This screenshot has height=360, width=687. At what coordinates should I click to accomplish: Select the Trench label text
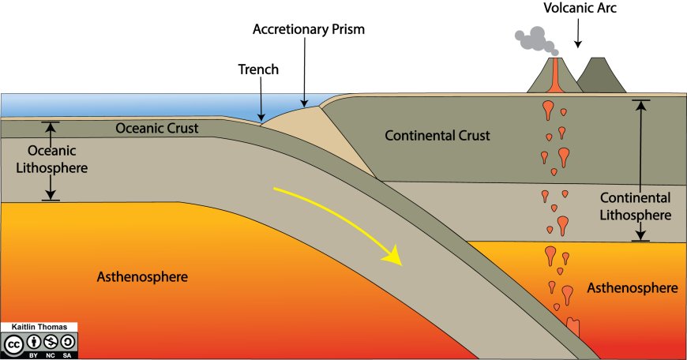[x=258, y=69]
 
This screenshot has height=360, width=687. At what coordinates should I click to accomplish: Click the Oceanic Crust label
[x=156, y=128]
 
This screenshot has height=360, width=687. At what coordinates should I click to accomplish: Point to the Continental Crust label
[x=437, y=136]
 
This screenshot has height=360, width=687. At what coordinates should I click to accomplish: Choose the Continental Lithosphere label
[x=635, y=206]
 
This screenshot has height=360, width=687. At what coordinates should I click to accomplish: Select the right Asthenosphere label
[x=632, y=288]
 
